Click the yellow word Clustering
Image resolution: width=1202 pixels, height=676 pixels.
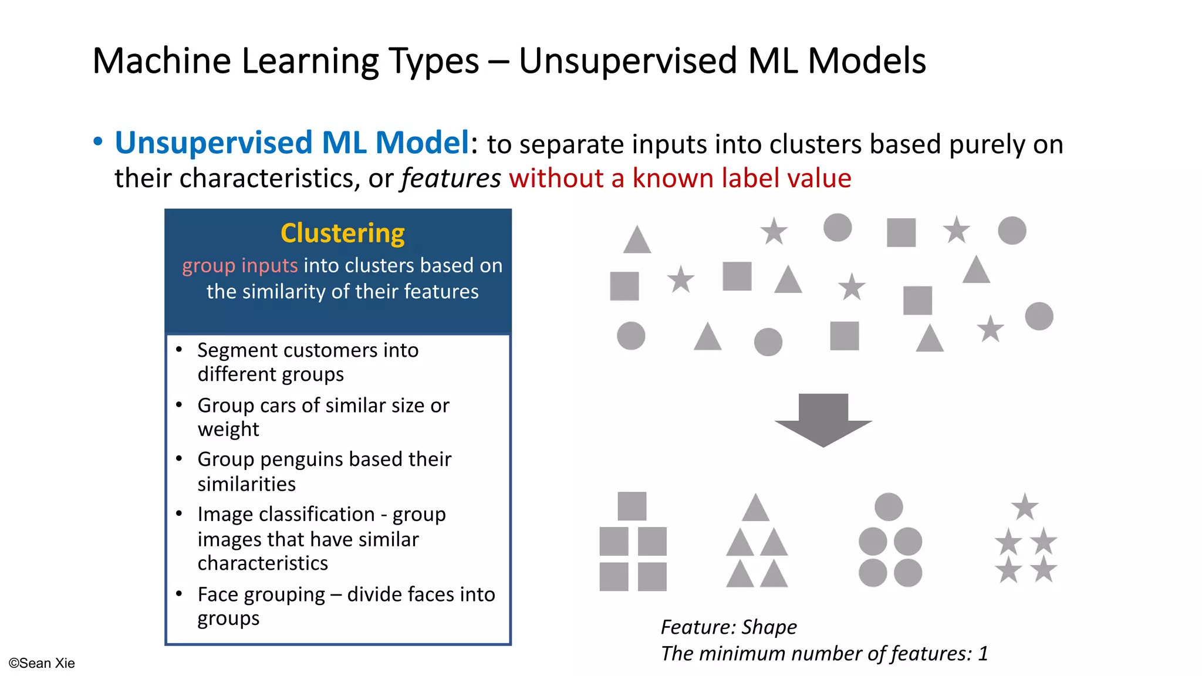click(x=342, y=234)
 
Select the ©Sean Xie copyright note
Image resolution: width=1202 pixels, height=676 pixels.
click(x=42, y=663)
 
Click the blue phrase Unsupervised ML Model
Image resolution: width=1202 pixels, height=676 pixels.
click(x=292, y=143)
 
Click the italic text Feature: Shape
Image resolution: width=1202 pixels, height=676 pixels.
click(x=728, y=627)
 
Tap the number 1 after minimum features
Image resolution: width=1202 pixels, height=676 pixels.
click(x=982, y=654)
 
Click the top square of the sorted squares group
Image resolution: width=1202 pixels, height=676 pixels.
click(x=632, y=506)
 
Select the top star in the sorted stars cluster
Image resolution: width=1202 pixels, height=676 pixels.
click(x=1025, y=507)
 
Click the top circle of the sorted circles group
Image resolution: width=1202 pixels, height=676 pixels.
click(x=889, y=506)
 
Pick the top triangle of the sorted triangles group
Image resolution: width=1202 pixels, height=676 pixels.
click(x=755, y=509)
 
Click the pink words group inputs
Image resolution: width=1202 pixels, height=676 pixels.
click(x=239, y=266)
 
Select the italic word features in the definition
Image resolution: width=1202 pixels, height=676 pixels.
click(x=451, y=178)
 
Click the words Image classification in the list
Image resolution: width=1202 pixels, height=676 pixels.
click(x=286, y=515)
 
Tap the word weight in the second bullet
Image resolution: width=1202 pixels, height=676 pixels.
click(x=228, y=430)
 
